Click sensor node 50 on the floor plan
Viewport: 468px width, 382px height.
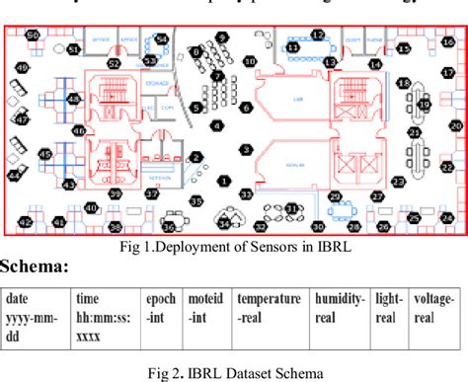33,35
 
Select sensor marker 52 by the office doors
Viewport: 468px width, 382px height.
115,63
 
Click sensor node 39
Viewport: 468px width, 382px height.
116,195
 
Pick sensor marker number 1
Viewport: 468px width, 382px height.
224,181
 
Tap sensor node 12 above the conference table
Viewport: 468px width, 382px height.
318,36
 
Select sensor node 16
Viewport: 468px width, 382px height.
404,46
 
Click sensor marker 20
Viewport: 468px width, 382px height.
455,126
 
